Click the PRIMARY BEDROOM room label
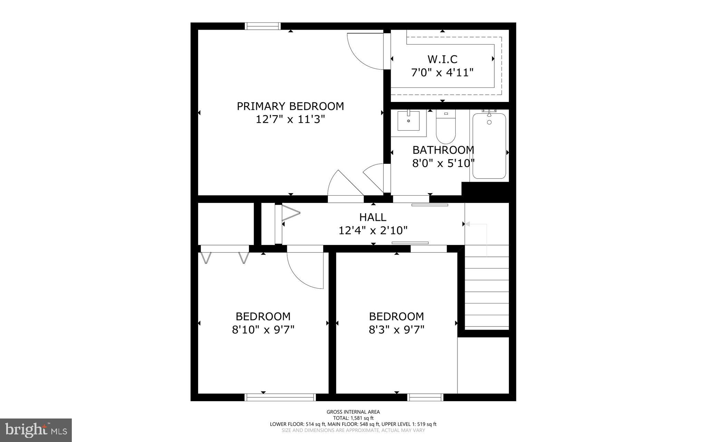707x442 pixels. (x=290, y=106)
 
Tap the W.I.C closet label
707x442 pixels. (x=442, y=59)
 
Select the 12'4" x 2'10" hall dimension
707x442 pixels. (x=373, y=230)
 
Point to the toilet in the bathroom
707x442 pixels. (x=446, y=128)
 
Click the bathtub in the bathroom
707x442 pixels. (x=489, y=147)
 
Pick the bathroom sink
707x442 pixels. (x=408, y=121)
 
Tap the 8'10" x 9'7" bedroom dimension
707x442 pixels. (x=263, y=330)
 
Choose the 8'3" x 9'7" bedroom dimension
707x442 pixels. (x=396, y=330)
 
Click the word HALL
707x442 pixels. (x=373, y=217)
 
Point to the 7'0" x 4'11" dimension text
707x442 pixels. (x=442, y=73)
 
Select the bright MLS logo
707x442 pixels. (x=36, y=430)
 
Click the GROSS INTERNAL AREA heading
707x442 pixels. (x=353, y=412)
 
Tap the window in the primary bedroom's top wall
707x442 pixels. (x=263, y=26)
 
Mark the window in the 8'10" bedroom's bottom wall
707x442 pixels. (x=280, y=397)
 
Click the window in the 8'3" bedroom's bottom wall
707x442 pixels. (x=425, y=397)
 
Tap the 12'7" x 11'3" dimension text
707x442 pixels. (x=290, y=120)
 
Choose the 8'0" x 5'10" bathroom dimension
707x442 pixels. (x=443, y=163)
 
